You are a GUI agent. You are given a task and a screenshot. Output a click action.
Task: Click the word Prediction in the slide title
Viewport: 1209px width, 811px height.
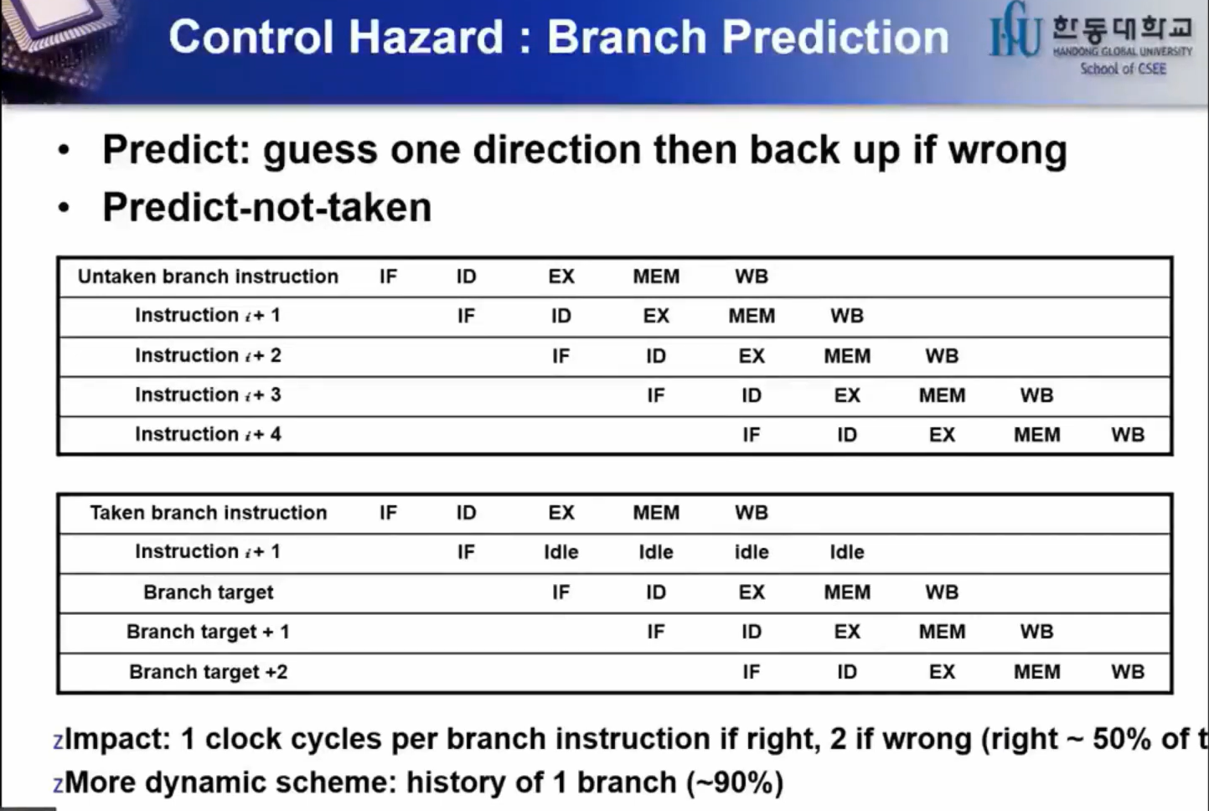pos(835,37)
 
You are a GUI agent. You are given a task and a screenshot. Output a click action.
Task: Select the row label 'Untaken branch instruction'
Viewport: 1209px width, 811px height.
pos(208,276)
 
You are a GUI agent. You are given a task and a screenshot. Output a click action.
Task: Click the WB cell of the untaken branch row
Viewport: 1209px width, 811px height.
pos(752,276)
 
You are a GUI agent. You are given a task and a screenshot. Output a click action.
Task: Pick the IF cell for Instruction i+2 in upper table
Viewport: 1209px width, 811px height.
pos(561,355)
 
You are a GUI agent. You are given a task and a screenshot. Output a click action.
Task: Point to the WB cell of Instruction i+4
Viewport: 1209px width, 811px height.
pos(1128,434)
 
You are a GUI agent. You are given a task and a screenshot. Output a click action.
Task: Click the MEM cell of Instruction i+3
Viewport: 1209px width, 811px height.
pos(942,395)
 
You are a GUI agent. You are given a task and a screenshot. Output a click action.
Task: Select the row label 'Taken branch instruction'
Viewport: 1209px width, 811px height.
pos(209,513)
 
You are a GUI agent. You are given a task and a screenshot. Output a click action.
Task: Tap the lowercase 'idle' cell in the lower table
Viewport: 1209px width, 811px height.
pos(752,552)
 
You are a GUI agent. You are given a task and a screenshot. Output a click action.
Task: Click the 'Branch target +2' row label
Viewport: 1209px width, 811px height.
pos(209,672)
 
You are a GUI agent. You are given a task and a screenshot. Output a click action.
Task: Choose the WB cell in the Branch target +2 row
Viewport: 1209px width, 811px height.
pos(1128,672)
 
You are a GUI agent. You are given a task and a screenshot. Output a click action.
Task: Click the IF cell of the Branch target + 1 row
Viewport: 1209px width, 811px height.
pos(656,632)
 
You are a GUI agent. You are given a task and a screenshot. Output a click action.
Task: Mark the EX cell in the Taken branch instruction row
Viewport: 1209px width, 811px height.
pos(561,513)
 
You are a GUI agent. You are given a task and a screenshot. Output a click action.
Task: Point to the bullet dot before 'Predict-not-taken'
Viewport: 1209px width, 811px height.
pos(64,207)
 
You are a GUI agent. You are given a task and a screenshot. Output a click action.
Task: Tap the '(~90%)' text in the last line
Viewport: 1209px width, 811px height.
pos(735,783)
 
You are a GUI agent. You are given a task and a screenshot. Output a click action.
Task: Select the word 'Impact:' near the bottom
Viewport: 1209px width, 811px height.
pos(117,739)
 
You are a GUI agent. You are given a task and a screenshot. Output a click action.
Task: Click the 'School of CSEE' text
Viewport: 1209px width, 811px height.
pos(1123,69)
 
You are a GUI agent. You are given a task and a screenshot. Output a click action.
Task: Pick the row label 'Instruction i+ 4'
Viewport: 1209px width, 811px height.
pos(208,434)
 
